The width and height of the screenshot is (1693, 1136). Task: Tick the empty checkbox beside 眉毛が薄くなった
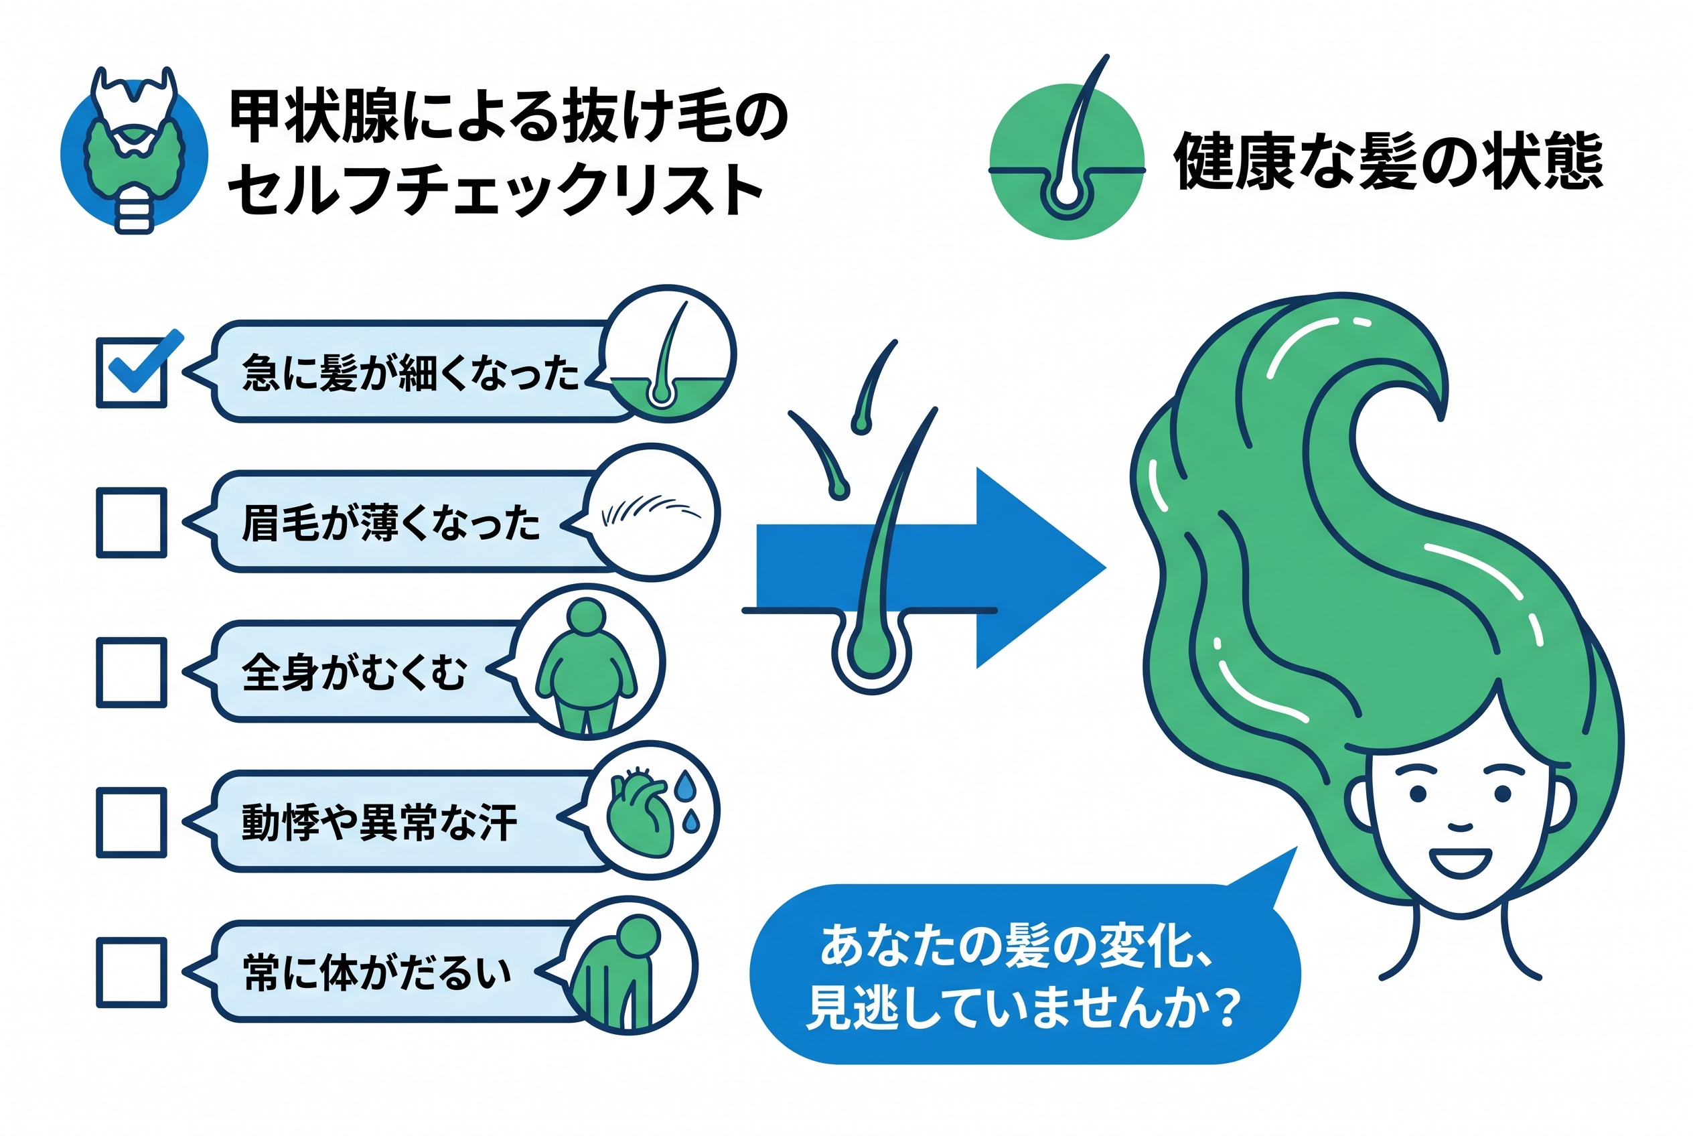pyautogui.click(x=132, y=522)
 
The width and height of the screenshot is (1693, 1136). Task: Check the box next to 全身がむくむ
pyautogui.click(x=132, y=672)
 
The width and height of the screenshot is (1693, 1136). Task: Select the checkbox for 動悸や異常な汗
pyautogui.click(x=132, y=823)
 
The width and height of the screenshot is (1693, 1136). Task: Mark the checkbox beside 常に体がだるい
pyautogui.click(x=132, y=973)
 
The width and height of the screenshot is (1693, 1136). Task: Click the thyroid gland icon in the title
pyautogui.click(x=134, y=151)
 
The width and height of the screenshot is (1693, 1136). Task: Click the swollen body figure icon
pyautogui.click(x=587, y=662)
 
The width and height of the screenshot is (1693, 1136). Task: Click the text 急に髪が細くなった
pyautogui.click(x=411, y=373)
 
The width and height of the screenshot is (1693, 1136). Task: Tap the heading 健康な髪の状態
pyautogui.click(x=1388, y=161)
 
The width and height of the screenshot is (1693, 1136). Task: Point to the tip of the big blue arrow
pyautogui.click(x=1106, y=568)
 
